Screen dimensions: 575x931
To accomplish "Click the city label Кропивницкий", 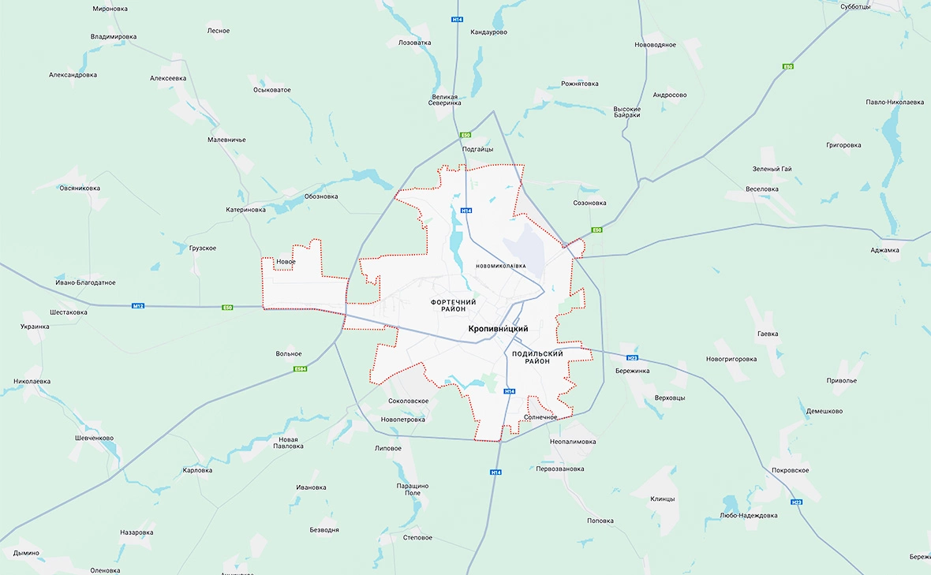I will click(x=497, y=328).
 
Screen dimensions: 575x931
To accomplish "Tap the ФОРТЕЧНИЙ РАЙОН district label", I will click(x=454, y=305).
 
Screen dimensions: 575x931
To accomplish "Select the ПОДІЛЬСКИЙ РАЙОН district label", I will click(x=537, y=357).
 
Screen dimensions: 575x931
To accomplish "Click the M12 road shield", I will click(x=138, y=306).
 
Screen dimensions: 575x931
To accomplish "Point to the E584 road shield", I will click(x=299, y=369).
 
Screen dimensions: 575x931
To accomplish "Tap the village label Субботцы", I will click(x=855, y=7).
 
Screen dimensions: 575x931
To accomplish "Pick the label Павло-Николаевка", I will click(x=894, y=102).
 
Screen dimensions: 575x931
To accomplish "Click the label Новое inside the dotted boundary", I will click(x=286, y=262).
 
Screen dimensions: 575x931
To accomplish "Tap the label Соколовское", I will click(x=409, y=401).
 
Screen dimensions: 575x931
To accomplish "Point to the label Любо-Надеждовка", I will click(x=749, y=515).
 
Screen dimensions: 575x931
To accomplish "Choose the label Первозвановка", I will click(x=559, y=469).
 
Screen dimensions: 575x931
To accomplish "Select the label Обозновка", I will click(x=321, y=196).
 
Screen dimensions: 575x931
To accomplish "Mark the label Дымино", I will click(x=25, y=553).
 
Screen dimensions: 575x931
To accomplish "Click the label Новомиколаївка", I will click(x=500, y=266).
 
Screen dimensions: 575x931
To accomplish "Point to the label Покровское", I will click(x=791, y=470).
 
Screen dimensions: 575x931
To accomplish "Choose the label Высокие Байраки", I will click(x=627, y=112).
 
